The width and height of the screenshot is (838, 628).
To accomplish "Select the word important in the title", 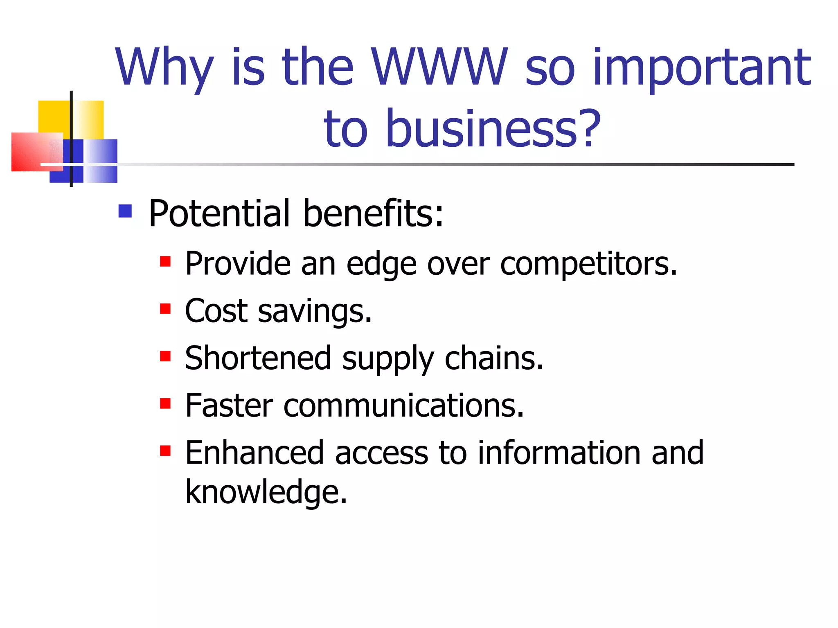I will [x=701, y=67].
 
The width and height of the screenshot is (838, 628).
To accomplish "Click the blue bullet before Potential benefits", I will [x=125, y=211].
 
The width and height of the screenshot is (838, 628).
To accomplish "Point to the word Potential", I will [x=219, y=213].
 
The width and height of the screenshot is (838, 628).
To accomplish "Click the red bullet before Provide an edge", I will [x=165, y=261].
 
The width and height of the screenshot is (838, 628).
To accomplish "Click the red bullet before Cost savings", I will [x=165, y=309].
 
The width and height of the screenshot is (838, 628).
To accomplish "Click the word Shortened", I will [x=258, y=359].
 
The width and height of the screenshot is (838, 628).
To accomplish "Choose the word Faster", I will [x=229, y=406].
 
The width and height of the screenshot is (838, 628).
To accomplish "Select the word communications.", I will [x=403, y=406].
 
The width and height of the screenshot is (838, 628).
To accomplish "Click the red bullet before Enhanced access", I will [x=165, y=451].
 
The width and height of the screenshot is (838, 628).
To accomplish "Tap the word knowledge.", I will [x=266, y=492].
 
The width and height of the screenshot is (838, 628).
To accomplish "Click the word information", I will [x=559, y=453].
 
